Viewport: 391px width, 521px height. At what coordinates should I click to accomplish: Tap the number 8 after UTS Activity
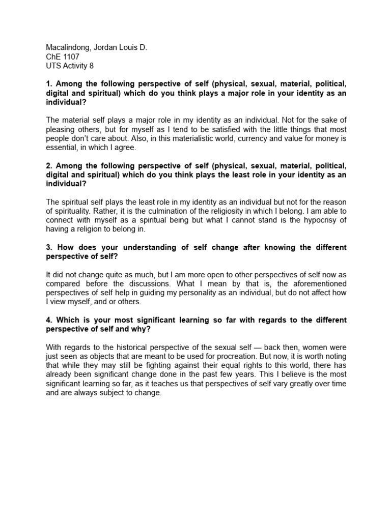(91, 66)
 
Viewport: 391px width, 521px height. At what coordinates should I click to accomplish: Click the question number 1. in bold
(49, 84)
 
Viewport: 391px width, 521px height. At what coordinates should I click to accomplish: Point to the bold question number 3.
(49, 247)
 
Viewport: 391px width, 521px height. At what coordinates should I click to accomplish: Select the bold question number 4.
(49, 320)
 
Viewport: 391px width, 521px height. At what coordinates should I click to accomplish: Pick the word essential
(63, 148)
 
